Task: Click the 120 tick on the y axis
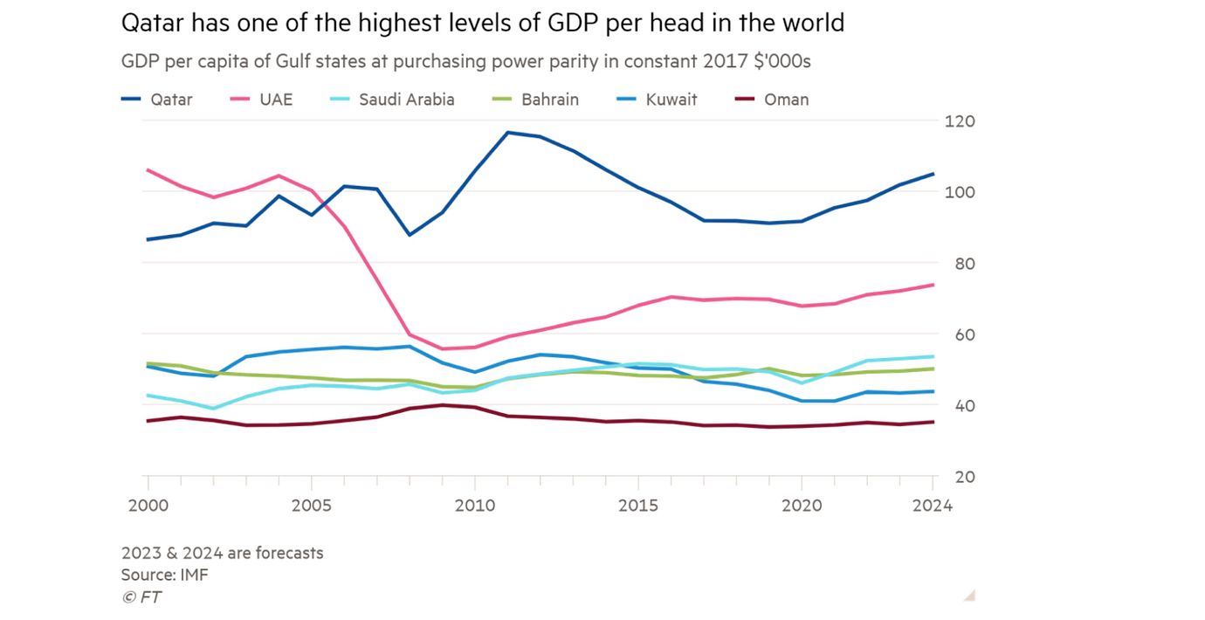960,121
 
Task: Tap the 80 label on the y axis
956,263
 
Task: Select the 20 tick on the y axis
956,477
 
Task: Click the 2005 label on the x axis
312,506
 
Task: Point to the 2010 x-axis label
475,506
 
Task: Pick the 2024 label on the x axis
933,506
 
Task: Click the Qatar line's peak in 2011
507,133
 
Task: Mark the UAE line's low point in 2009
443,348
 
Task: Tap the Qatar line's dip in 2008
410,235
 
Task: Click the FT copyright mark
141,597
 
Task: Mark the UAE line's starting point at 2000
148,169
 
